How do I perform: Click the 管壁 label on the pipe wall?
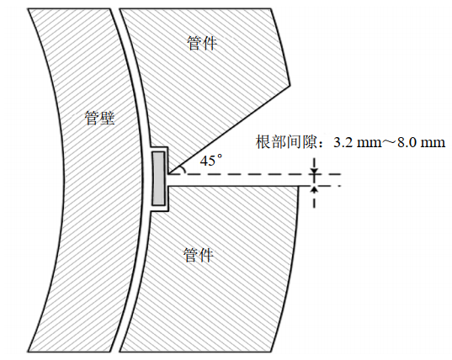99,118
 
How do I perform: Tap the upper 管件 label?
202,44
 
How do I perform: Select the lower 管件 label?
199,255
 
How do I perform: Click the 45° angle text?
211,161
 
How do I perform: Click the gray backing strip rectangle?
158,178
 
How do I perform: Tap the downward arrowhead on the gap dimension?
314,171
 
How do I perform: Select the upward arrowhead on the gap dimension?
314,189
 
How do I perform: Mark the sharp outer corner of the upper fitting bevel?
290,86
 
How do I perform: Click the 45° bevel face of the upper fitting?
229,130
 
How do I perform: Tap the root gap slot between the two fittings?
233,180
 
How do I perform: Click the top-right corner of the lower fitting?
299,186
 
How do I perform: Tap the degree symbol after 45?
220,156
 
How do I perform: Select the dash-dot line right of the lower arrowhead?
329,186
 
